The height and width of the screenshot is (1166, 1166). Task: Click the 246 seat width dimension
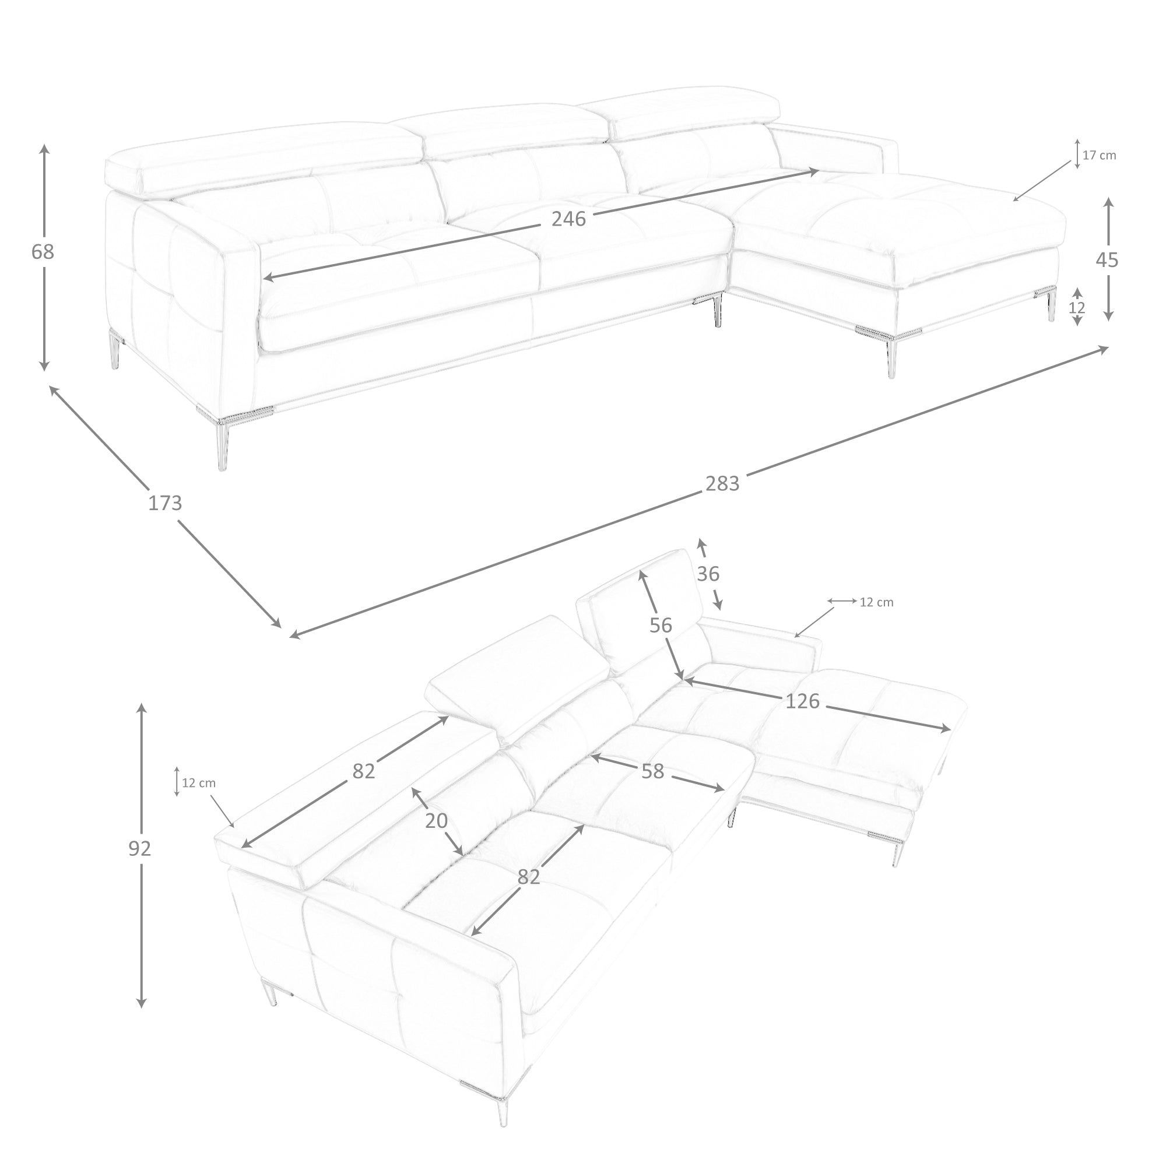tap(568, 219)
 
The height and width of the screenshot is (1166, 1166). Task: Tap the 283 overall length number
tap(722, 483)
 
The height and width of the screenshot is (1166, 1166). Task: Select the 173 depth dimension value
tap(165, 503)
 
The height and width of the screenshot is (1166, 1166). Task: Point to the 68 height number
tap(43, 252)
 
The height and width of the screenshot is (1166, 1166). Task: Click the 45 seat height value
tap(1107, 260)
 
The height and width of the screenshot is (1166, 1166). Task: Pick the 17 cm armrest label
tap(1099, 155)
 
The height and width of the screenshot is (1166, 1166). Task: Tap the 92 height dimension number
tap(140, 848)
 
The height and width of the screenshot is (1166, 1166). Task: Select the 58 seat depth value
tap(652, 771)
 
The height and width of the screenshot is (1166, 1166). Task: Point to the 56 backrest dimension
tap(661, 625)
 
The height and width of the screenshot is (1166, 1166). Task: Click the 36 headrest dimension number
tap(708, 573)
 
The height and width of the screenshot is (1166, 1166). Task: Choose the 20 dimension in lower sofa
tap(436, 820)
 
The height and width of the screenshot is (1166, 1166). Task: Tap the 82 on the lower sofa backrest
tap(364, 771)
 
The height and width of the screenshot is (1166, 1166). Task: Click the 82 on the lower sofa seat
tap(529, 877)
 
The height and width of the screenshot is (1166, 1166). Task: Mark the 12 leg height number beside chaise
tap(1077, 308)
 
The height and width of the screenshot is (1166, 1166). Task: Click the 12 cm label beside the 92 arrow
tap(199, 783)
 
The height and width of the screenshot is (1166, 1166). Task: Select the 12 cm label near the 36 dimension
tap(876, 602)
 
